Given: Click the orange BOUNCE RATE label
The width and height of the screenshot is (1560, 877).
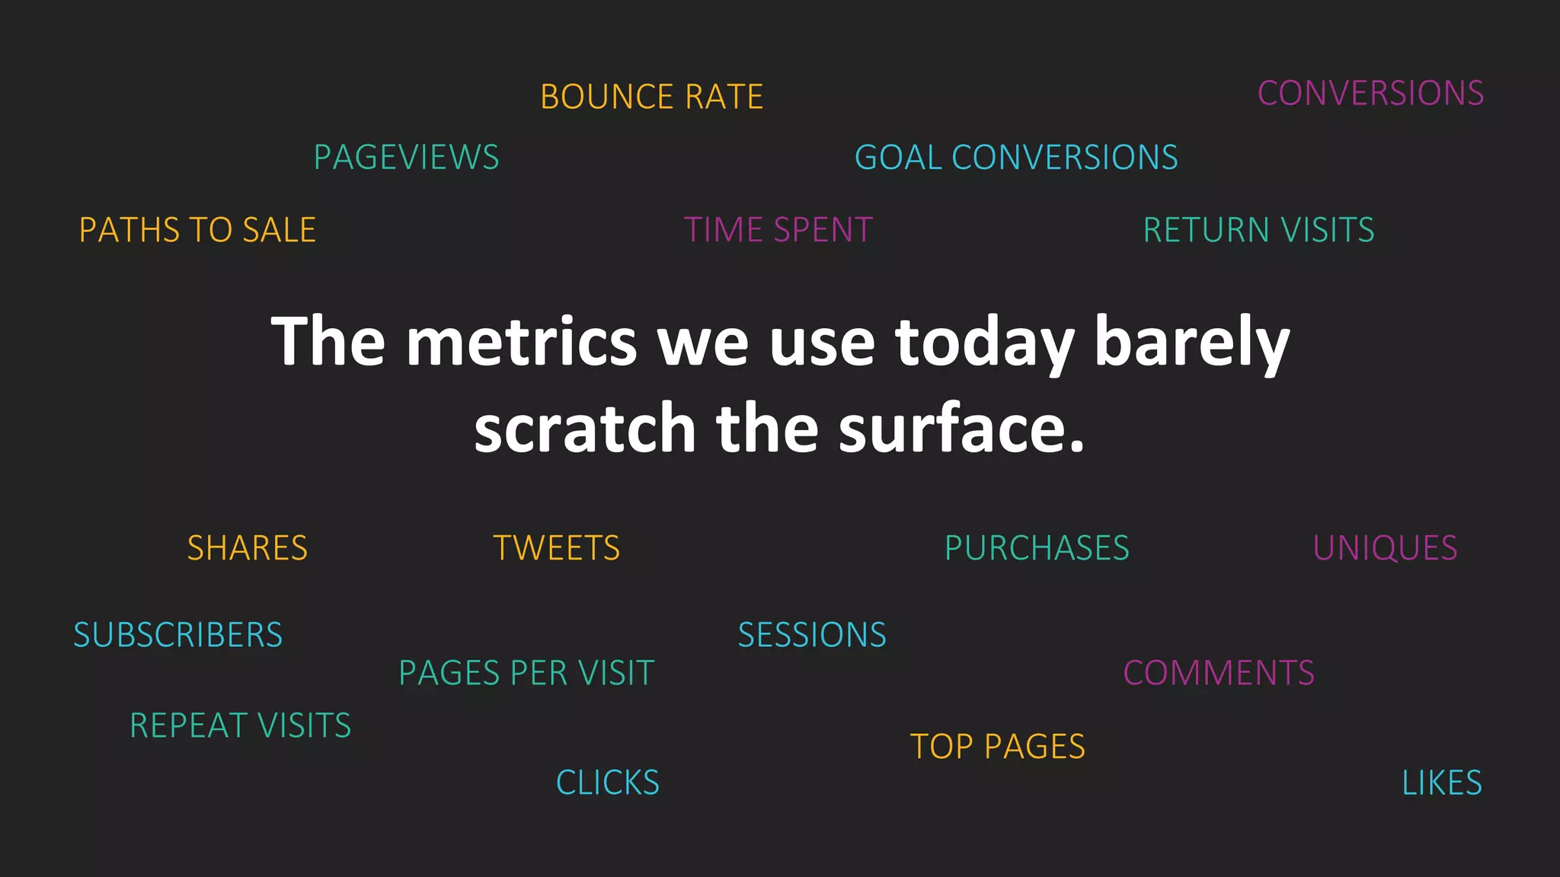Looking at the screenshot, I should click(x=651, y=97).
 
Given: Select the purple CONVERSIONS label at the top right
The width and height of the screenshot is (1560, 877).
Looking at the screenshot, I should click(x=1370, y=94).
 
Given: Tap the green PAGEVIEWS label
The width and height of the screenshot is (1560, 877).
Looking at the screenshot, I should click(x=406, y=158).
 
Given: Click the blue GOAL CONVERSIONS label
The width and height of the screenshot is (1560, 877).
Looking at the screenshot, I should click(x=1015, y=158).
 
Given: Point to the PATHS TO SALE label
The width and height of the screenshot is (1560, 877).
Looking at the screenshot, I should click(x=197, y=230).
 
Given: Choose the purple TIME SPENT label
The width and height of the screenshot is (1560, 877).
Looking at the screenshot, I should click(x=778, y=230).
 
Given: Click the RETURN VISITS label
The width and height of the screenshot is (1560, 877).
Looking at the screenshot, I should click(x=1258, y=230).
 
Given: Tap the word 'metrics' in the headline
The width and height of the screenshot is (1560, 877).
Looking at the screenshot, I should click(x=521, y=342).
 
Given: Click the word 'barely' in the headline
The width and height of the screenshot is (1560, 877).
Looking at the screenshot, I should click(x=1191, y=342).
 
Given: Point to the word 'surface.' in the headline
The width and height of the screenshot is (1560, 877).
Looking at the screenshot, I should click(x=961, y=429).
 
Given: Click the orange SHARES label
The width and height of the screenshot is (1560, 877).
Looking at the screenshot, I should click(x=248, y=548).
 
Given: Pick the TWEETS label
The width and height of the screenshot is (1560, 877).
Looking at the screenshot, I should click(x=556, y=548).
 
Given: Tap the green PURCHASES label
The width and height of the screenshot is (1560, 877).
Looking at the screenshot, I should click(x=1037, y=548).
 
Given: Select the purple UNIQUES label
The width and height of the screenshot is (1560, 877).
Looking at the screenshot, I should click(x=1385, y=548).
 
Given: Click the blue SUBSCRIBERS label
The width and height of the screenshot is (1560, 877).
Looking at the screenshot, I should click(x=177, y=635).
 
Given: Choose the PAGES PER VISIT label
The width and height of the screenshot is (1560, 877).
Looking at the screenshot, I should click(x=526, y=673).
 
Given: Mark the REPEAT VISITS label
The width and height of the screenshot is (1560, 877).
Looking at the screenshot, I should click(x=240, y=726).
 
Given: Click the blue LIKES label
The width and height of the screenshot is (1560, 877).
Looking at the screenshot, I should click(x=1441, y=783).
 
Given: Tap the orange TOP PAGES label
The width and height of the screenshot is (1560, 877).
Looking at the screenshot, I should click(x=997, y=747).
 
